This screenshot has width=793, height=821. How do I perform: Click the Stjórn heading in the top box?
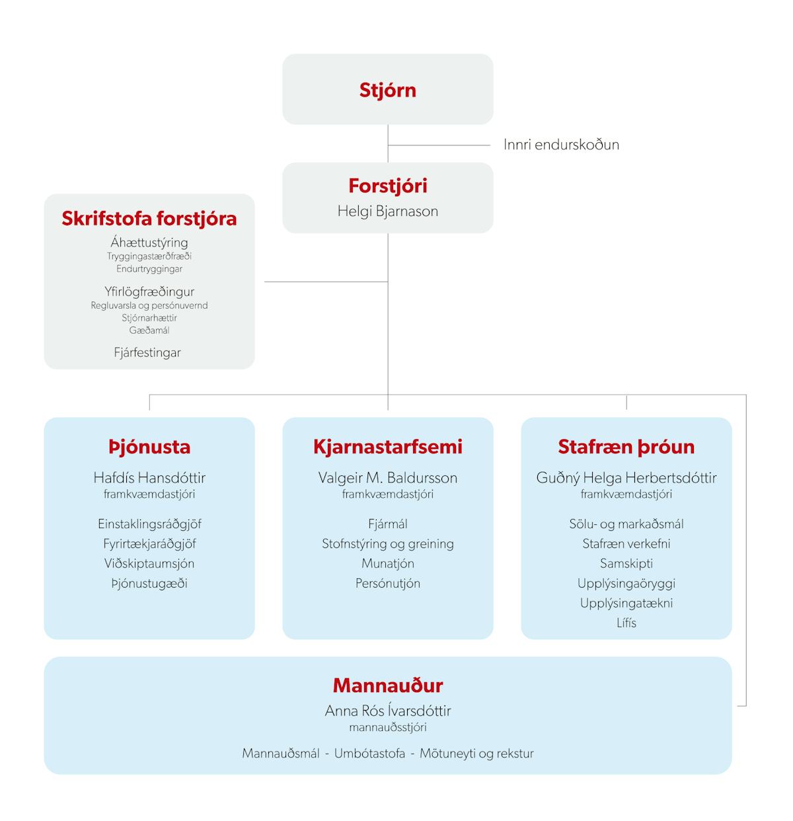point(388,91)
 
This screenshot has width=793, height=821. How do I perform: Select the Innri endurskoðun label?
point(562,145)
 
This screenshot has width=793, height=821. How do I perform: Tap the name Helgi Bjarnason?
point(388,211)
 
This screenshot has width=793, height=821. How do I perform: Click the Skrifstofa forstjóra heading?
point(149,219)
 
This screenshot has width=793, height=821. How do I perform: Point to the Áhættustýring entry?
point(149,243)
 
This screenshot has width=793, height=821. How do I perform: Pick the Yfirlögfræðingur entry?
point(149,292)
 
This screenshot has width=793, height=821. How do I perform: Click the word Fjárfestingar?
point(147,353)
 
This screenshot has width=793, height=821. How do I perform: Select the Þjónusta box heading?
point(149,447)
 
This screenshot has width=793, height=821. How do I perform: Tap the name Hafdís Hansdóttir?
point(149,477)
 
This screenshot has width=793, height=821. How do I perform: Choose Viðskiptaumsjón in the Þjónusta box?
point(149,564)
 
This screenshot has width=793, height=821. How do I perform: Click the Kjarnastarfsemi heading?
point(388,447)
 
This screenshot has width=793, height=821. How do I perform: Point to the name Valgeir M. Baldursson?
point(388,477)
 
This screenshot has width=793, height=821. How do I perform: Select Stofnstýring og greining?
point(388,544)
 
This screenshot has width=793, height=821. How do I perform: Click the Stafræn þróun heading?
point(626,447)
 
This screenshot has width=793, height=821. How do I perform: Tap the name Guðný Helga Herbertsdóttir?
point(626,478)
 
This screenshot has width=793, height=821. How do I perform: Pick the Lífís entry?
point(626,623)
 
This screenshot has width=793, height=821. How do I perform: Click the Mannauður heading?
point(388,685)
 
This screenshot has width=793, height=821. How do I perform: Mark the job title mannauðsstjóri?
point(388,727)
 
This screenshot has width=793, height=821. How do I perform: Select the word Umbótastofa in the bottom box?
point(369,754)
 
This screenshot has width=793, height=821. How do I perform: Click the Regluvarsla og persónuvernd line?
point(149,305)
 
